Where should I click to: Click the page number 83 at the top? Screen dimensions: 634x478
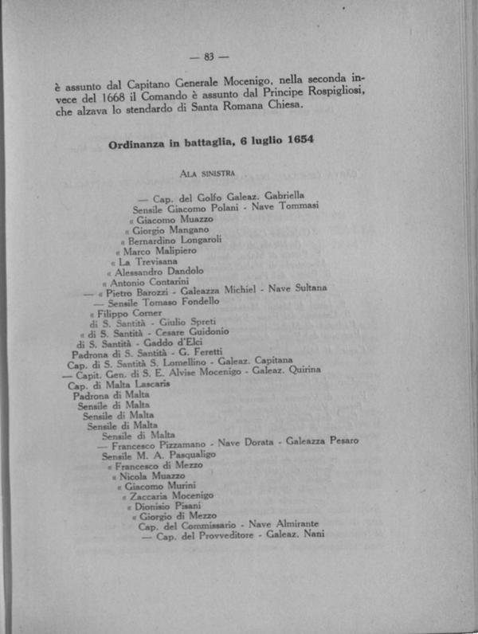click(x=210, y=57)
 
